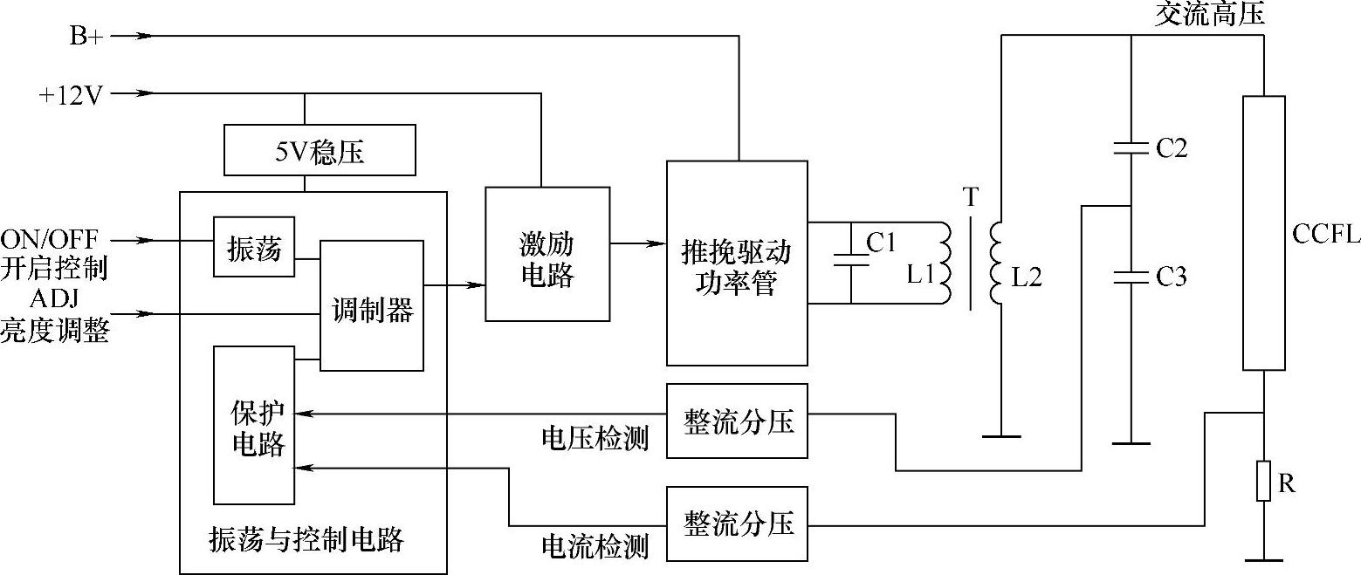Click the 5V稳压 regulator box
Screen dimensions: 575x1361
click(x=320, y=153)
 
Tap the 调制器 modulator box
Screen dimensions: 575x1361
click(x=372, y=307)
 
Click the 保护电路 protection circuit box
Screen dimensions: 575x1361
click(x=254, y=425)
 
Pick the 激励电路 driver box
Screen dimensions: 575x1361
click(x=546, y=254)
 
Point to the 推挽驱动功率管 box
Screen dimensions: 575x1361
click(x=736, y=263)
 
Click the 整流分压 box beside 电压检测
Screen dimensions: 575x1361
click(x=736, y=421)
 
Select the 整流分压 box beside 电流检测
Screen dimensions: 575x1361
click(x=736, y=523)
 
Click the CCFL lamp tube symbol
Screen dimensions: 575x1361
click(x=1263, y=233)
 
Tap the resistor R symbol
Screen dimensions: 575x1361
click(x=1263, y=482)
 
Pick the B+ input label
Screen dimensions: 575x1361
click(x=85, y=37)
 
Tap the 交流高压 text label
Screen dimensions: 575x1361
click(x=1208, y=14)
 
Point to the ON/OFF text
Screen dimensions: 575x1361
click(x=50, y=239)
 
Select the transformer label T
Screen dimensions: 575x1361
click(x=971, y=198)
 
